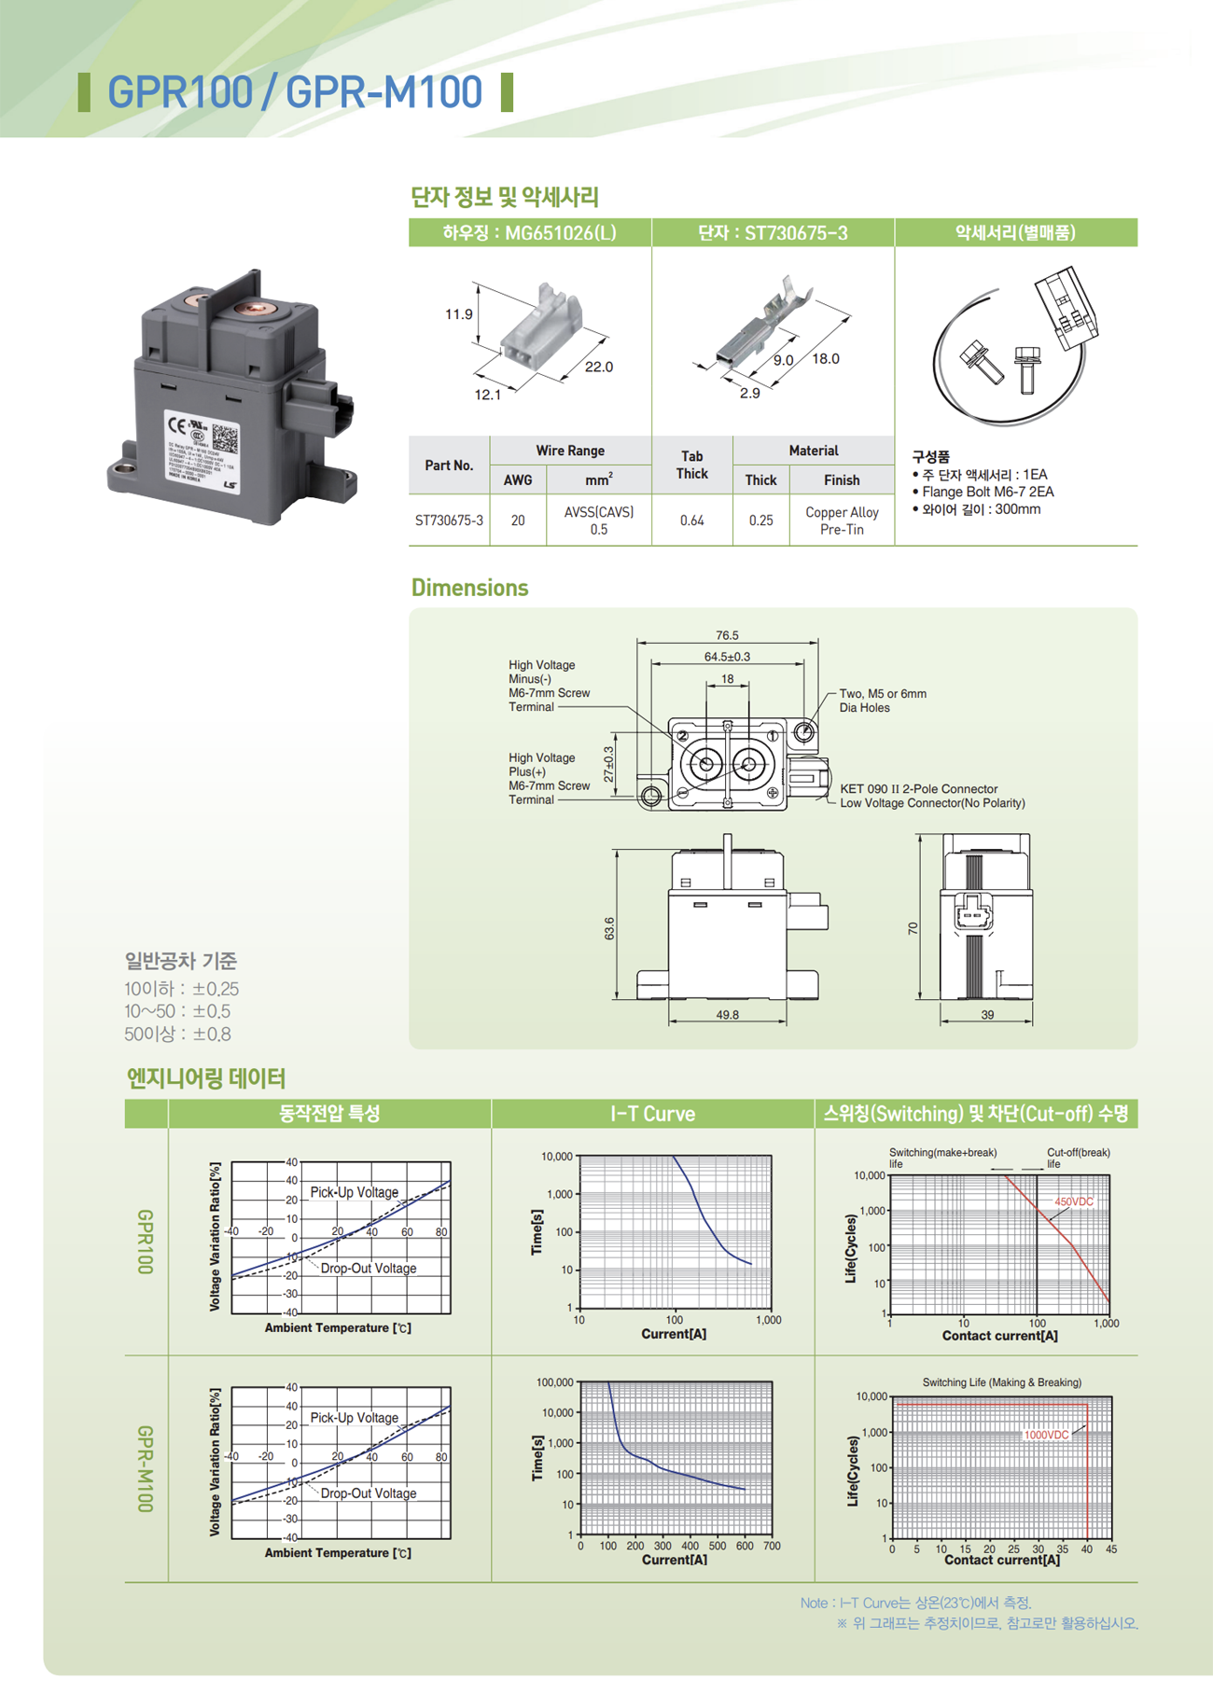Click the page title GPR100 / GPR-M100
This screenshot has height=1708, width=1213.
coord(295,92)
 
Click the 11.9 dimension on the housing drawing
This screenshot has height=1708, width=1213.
coord(458,314)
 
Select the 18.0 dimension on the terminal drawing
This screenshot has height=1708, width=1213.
coord(825,359)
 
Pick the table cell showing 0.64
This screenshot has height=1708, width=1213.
coord(691,521)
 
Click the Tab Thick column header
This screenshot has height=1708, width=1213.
coord(691,465)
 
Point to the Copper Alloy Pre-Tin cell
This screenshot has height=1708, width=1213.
coord(841,521)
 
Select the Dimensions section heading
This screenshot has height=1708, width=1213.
coord(469,588)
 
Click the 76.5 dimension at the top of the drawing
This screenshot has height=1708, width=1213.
coord(727,635)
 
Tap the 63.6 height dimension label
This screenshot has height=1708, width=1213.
coord(609,929)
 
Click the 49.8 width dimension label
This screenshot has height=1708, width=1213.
coord(727,1015)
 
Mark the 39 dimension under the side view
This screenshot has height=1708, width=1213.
coord(987,1015)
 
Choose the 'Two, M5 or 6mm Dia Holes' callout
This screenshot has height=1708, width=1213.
coord(882,701)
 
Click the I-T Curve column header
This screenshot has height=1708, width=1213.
coord(652,1114)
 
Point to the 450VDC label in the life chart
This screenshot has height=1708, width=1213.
coord(1073,1201)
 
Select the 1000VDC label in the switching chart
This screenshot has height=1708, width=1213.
coord(1046,1435)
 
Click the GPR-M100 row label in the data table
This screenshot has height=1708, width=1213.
coord(146,1468)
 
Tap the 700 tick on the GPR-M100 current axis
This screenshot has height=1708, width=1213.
coord(772,1546)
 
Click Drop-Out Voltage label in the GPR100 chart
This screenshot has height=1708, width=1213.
coord(368,1269)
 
